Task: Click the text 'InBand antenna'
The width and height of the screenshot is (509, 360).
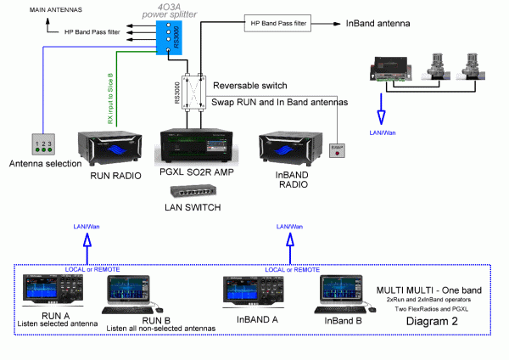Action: point(379,24)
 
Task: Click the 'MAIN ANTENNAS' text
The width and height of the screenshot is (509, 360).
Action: point(25,10)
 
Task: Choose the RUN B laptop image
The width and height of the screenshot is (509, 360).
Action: point(129,293)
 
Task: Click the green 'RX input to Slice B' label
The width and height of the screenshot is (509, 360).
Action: point(110,97)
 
